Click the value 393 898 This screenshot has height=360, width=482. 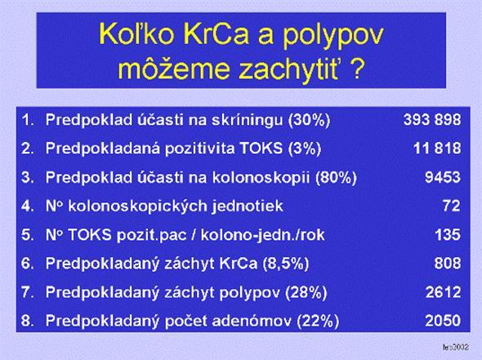432,120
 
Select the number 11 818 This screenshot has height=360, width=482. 437,149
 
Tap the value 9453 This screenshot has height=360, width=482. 443,177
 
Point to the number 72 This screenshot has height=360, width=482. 452,206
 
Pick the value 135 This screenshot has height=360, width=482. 448,234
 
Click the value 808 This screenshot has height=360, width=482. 448,263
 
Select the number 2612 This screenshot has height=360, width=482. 444,292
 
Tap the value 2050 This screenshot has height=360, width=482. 443,321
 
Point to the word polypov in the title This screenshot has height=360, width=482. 333,37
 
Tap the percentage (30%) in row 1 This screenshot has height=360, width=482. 309,120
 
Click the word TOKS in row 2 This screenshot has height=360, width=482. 261,149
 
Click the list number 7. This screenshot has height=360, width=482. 27,292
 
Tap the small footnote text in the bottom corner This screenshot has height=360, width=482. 456,347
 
